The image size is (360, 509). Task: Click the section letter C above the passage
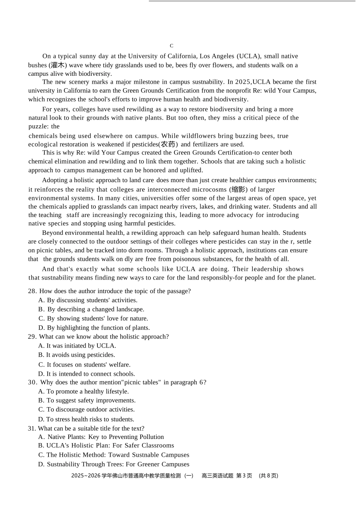point(171,46)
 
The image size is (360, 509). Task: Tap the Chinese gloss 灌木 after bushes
point(58,65)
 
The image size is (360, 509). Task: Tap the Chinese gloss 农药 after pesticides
point(168,144)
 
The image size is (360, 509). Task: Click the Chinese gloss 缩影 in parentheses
point(238,189)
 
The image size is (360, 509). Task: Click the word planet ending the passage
point(305,278)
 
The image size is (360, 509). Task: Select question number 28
point(32,291)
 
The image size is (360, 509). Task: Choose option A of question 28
point(88,300)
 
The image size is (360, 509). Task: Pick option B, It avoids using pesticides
point(77,355)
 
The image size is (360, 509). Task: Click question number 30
point(32,383)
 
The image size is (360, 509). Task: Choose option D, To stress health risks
point(86,419)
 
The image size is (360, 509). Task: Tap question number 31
point(32,428)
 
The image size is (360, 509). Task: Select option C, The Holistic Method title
point(114,455)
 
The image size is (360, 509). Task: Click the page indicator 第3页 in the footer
point(244,476)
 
